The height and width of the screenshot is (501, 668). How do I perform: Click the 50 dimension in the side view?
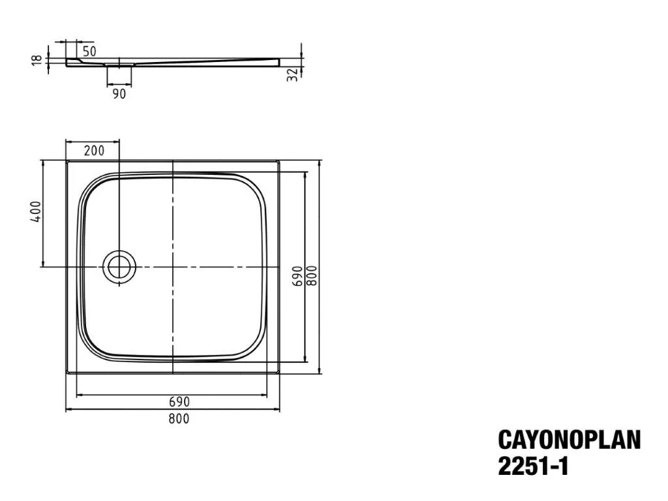[89, 51]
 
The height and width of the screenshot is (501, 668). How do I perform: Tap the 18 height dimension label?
[38, 59]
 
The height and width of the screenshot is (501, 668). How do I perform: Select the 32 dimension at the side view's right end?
[292, 75]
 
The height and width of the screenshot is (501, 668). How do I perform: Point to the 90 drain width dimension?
[119, 94]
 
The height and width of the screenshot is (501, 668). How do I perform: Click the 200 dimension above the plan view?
[94, 151]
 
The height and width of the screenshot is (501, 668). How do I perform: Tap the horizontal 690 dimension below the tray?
[179, 401]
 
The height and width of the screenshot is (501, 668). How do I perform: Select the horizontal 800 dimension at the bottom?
[179, 418]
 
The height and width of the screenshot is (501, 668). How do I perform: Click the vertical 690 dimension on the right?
[297, 276]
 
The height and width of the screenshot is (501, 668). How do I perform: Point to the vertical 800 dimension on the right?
[312, 276]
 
